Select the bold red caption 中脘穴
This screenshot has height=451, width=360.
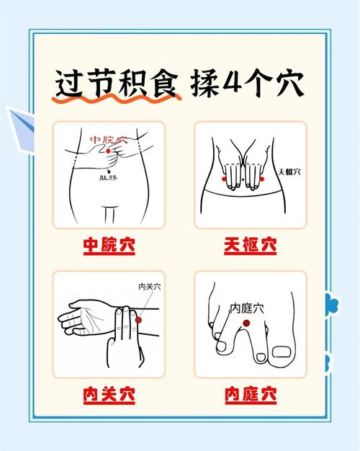109,246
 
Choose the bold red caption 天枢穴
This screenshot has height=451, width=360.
250,246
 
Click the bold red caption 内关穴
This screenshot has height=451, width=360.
109,395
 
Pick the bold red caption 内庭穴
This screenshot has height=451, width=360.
250,395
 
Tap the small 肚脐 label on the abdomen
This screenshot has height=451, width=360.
107,177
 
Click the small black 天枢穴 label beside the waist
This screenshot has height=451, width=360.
289,172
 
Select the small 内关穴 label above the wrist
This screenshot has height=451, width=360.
149,287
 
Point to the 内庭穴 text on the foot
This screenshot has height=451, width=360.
246,308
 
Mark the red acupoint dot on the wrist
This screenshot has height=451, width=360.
138,320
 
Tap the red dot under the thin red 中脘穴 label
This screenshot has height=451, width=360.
108,151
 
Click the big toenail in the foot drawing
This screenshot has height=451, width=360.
282,353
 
